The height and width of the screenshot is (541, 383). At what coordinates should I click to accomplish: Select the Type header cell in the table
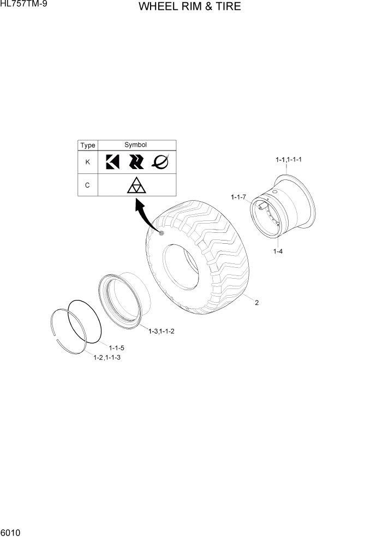(x=87, y=146)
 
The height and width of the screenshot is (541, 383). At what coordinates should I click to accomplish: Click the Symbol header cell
(x=136, y=145)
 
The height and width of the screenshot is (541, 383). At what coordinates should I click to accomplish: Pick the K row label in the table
(x=87, y=162)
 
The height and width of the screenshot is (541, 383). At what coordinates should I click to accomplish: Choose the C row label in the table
(x=87, y=185)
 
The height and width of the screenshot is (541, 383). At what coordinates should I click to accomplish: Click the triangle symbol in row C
(x=136, y=185)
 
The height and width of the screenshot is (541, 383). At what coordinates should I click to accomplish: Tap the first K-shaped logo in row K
(x=112, y=162)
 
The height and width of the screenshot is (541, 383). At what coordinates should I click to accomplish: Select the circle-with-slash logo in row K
(x=160, y=161)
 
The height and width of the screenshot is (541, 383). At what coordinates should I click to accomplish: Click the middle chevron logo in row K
(x=136, y=162)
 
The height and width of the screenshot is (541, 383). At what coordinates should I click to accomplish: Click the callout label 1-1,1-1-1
(x=289, y=160)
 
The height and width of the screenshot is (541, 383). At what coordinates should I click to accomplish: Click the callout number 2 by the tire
(x=256, y=303)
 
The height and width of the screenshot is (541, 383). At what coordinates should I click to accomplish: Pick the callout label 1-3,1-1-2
(x=161, y=331)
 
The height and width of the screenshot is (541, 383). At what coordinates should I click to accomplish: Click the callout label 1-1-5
(x=117, y=348)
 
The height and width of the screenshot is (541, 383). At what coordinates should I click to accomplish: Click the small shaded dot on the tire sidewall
(x=162, y=233)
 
